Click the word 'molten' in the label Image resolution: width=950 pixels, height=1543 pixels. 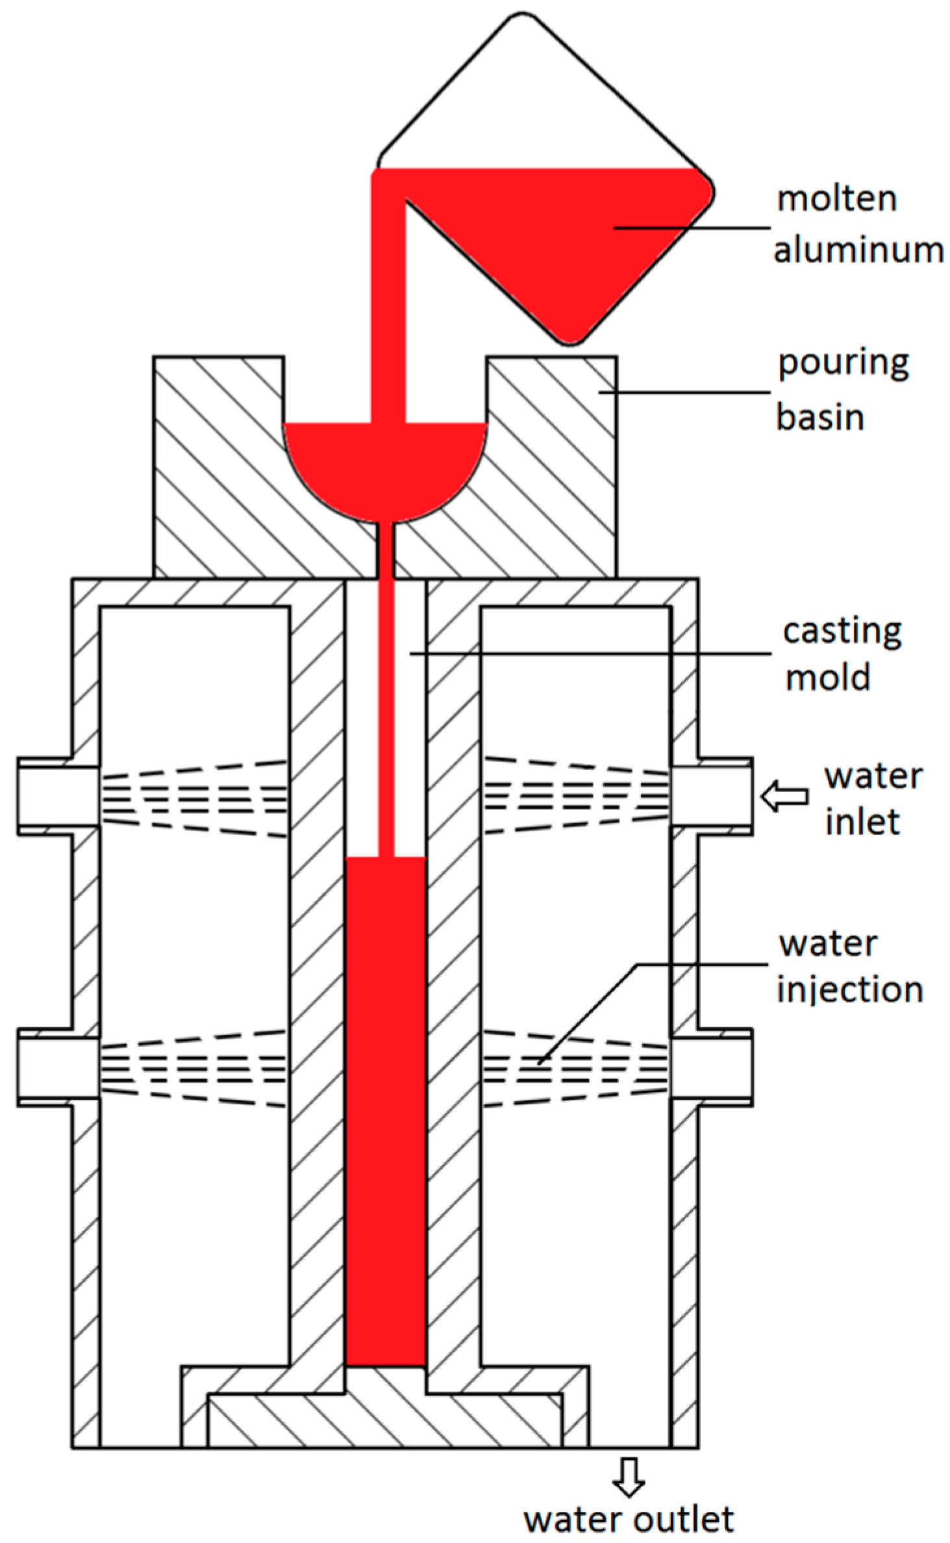coord(836,199)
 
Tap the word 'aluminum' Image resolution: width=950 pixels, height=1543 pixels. coord(858,250)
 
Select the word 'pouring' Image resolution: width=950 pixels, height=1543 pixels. coord(843,364)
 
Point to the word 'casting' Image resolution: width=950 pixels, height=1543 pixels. coord(842,632)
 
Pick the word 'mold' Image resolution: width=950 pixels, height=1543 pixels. coord(827,678)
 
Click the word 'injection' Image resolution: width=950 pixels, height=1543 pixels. coord(850,991)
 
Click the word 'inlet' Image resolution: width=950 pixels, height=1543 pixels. coord(862,821)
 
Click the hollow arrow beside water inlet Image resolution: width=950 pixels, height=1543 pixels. coord(784,797)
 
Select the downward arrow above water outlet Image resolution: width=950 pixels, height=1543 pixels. coord(629,1477)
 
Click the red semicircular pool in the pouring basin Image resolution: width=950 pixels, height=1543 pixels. coord(385,466)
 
